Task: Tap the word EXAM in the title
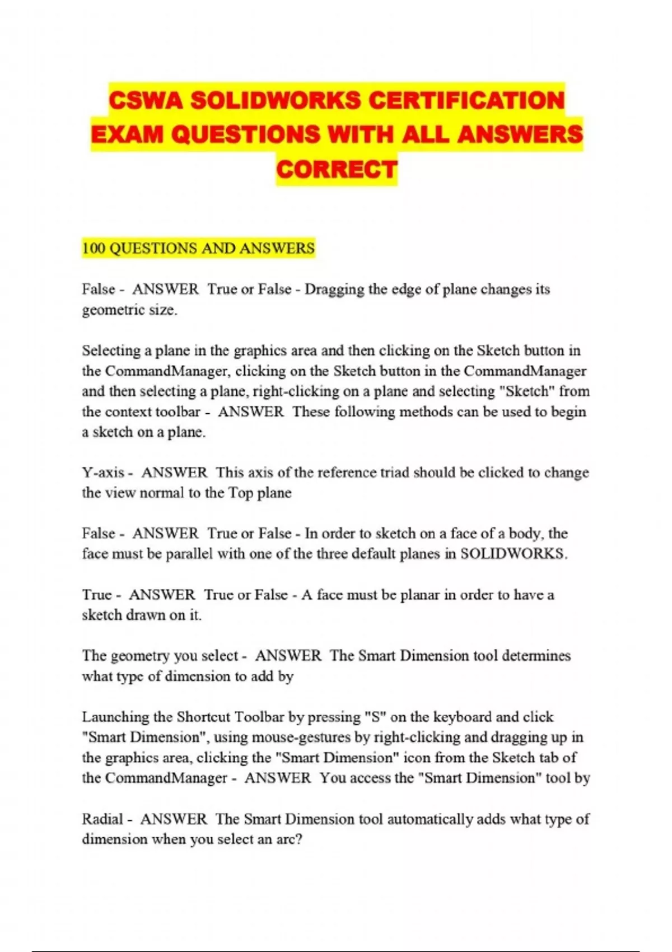pos(127,135)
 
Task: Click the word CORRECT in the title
pos(337,169)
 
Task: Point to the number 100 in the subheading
pos(94,248)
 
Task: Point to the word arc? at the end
pos(288,839)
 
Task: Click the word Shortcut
pos(203,717)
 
